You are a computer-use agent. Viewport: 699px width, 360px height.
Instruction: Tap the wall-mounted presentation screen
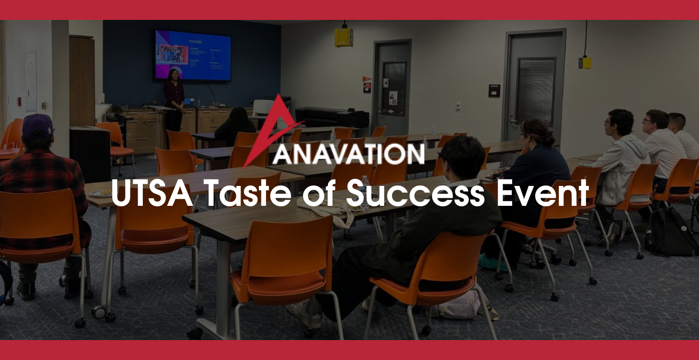tap(193, 55)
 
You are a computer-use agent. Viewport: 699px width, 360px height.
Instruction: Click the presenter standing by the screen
tap(174, 100)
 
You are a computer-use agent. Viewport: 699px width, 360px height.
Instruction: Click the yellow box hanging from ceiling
tap(344, 36)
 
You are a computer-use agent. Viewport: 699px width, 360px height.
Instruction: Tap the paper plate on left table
tap(99, 194)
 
